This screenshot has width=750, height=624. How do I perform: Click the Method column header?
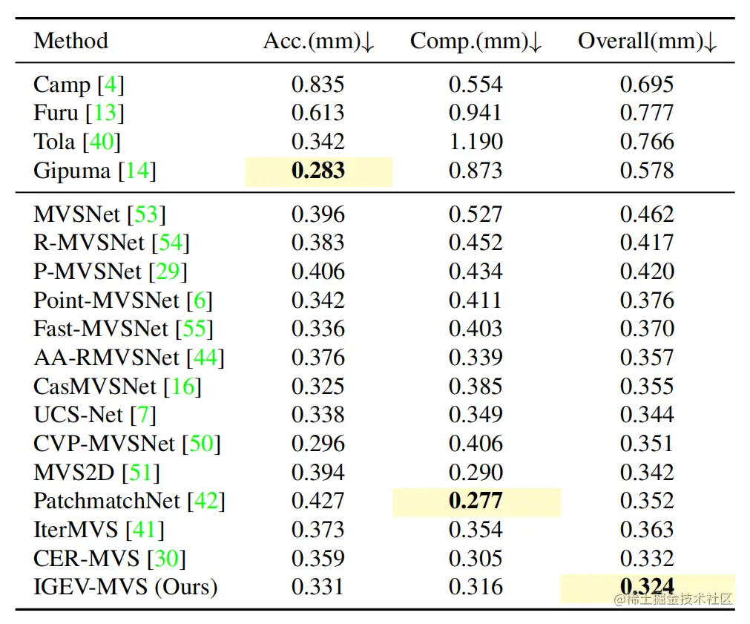tap(70, 41)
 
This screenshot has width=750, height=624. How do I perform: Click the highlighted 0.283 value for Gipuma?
tap(318, 171)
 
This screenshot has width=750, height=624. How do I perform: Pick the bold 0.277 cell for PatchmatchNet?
tap(476, 501)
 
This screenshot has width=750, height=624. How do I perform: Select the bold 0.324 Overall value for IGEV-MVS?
tap(647, 587)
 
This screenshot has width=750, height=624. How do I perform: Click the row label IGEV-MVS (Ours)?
tap(125, 587)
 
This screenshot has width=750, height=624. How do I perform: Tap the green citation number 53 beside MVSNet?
tap(146, 214)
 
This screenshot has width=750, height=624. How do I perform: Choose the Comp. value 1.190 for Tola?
tap(476, 142)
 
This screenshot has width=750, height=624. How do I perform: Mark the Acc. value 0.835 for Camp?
tap(318, 85)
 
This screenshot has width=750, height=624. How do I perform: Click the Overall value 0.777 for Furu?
tap(647, 113)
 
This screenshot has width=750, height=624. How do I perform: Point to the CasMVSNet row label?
tap(95, 387)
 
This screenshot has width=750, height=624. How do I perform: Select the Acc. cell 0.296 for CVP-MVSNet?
tap(318, 444)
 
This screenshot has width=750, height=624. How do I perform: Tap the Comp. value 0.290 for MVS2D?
tap(476, 473)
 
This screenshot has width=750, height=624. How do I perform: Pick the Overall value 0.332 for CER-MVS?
tap(647, 559)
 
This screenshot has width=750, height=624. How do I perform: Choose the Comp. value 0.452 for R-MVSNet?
tap(476, 243)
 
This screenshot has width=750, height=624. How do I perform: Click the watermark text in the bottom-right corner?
tap(673, 599)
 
